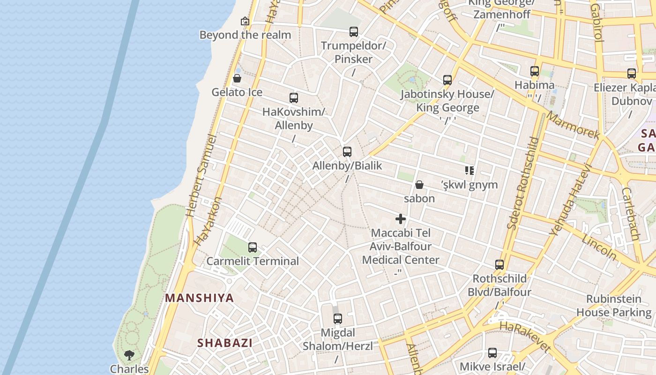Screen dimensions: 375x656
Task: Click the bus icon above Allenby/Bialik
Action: click(347, 152)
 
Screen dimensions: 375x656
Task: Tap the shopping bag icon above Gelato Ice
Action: click(237, 78)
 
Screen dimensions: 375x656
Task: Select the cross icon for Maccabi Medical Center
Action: click(401, 219)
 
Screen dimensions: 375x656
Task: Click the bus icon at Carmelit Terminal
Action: click(253, 247)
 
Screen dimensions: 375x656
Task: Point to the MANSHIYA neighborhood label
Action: click(199, 298)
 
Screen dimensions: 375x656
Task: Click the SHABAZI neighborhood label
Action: click(225, 343)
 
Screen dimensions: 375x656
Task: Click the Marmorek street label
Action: click(573, 125)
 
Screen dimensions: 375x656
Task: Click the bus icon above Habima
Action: click(535, 72)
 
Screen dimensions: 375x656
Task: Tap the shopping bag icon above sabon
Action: click(419, 185)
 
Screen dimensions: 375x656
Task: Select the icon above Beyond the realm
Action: click(245, 21)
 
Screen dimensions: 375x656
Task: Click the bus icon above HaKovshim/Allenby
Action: click(294, 98)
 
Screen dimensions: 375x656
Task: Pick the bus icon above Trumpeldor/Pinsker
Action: click(354, 32)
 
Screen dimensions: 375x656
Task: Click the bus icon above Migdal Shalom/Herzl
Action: click(338, 319)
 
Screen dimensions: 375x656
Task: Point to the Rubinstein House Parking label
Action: click(614, 306)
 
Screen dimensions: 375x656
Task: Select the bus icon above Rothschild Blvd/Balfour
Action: click(499, 265)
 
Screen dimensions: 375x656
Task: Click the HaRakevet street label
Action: click(525, 337)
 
